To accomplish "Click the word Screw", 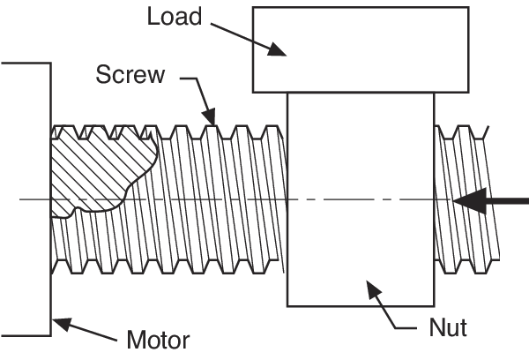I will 130,74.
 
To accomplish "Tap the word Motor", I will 158,340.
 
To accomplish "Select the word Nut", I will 448,329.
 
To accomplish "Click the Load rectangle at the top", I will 360,49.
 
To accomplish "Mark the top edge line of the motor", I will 25,64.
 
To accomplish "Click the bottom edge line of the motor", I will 25,335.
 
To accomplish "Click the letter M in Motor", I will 137,340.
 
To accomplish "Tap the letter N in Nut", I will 436,329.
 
